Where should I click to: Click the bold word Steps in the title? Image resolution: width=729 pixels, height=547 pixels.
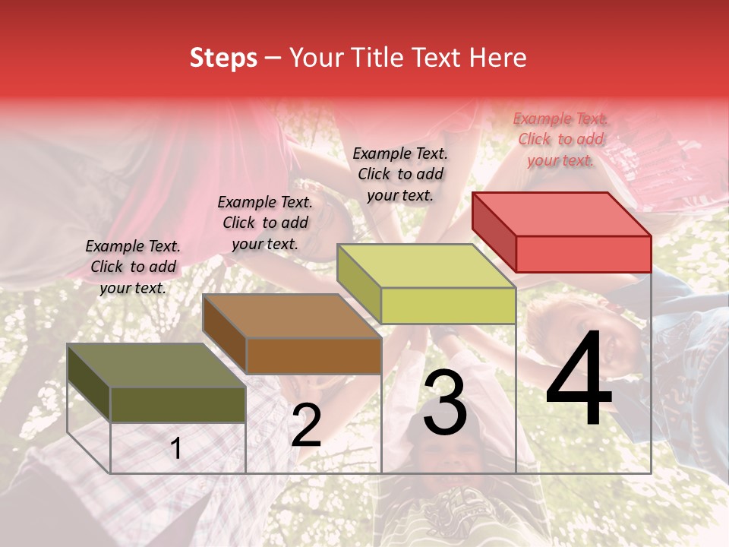click(x=223, y=58)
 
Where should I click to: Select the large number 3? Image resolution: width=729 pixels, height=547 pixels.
click(x=444, y=403)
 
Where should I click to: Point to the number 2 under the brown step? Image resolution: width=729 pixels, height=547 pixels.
click(x=306, y=426)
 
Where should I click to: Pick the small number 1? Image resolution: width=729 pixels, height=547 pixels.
click(x=176, y=449)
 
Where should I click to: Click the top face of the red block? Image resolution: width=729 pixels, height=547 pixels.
click(x=562, y=213)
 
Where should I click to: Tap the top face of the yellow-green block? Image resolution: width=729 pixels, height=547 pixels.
click(x=426, y=266)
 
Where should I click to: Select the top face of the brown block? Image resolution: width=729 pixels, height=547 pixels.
click(x=292, y=316)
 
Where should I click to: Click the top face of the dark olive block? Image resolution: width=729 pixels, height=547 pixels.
click(x=156, y=365)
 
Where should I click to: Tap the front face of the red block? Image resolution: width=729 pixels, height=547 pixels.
click(x=583, y=254)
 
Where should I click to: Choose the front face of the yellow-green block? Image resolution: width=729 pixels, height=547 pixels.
click(x=448, y=306)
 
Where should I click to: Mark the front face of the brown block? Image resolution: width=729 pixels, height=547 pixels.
click(x=313, y=356)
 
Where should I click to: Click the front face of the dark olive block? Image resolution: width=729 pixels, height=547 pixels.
click(x=178, y=404)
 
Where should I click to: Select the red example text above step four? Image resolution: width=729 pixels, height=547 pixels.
click(x=560, y=139)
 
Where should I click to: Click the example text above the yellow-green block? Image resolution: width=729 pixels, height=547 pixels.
click(x=400, y=174)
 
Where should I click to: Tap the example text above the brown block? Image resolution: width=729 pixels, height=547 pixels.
click(x=265, y=223)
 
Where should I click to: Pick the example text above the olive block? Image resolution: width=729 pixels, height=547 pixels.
click(x=133, y=267)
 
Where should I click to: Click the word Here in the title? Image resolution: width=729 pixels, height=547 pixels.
click(x=497, y=58)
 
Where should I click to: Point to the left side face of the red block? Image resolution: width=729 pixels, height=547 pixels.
click(x=494, y=231)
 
